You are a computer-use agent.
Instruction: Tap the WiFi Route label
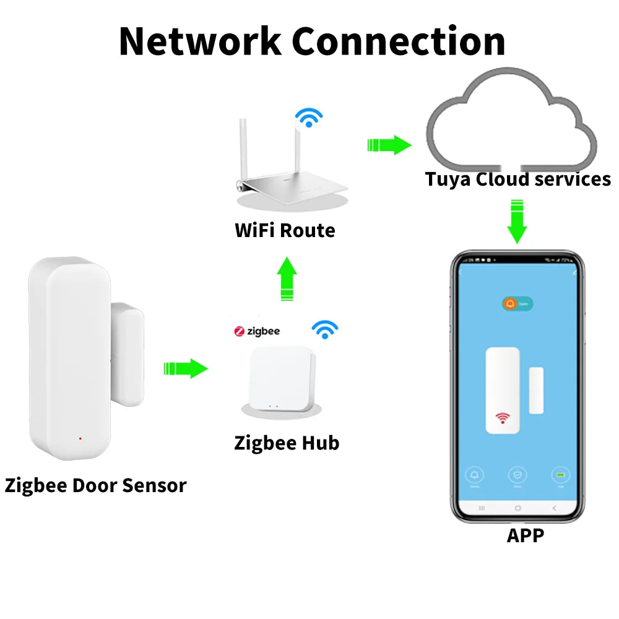(x=285, y=231)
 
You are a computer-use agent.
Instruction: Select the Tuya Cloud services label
(x=517, y=180)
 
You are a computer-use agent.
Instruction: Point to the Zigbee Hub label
(x=287, y=443)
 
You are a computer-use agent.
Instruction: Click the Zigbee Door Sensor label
(x=95, y=485)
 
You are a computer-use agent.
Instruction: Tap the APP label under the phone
(x=525, y=535)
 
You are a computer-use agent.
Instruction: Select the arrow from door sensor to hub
(x=185, y=369)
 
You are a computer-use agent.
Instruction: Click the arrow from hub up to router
(x=286, y=279)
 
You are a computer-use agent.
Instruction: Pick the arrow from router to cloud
(x=389, y=145)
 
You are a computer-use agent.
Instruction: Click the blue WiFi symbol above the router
(x=308, y=116)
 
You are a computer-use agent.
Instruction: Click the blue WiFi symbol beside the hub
(x=324, y=330)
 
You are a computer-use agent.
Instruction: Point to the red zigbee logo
(x=240, y=332)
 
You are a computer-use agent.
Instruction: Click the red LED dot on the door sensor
(x=80, y=439)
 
